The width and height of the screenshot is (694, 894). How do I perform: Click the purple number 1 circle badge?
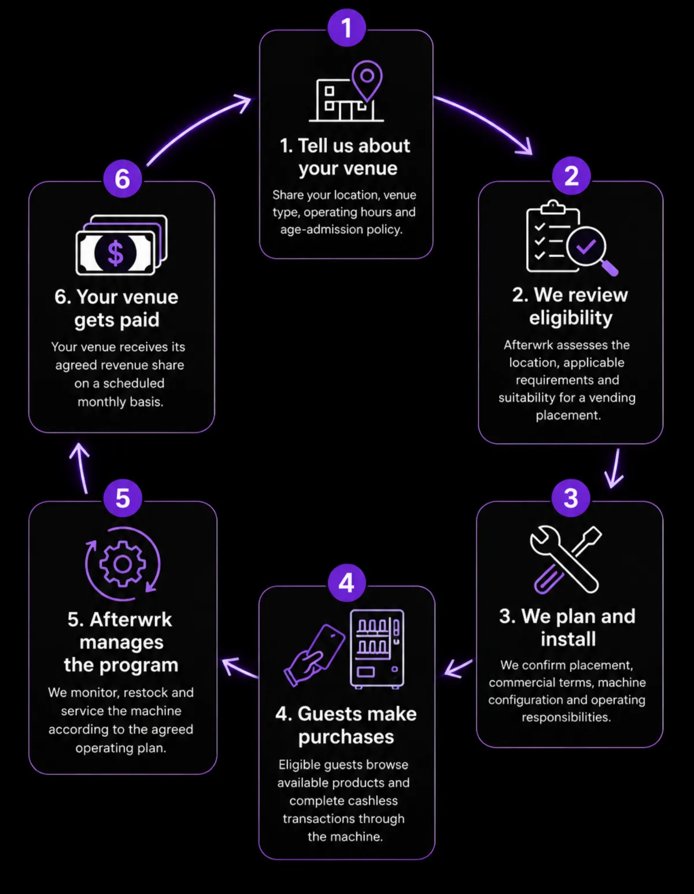346,28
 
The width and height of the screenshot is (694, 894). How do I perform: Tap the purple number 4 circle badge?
346,583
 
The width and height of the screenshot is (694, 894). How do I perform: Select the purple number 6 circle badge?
123,179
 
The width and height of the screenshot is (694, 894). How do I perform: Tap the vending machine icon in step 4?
377,649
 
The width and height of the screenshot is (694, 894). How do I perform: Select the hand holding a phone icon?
315,656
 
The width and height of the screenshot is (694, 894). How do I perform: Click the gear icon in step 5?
123,564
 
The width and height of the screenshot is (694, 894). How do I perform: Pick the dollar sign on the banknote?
116,253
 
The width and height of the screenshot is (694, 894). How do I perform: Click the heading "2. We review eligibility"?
570,306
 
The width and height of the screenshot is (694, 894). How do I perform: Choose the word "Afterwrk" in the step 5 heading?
130,620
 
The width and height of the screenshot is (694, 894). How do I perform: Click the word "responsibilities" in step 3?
566,718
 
